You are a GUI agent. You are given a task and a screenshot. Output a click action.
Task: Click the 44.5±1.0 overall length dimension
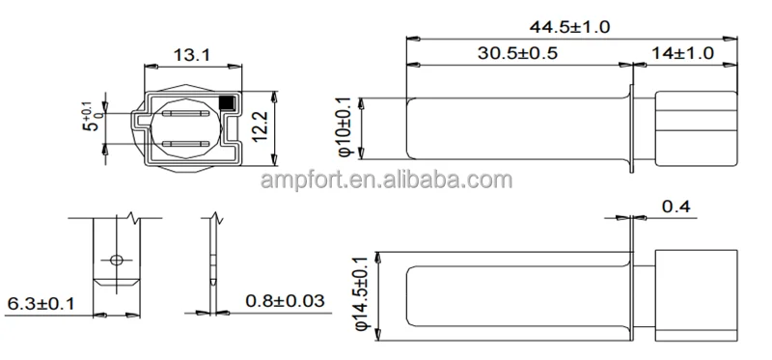pos(569,27)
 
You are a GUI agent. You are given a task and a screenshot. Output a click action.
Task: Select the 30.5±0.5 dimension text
pos(517,53)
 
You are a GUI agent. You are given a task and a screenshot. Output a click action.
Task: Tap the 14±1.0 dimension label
pos(682,53)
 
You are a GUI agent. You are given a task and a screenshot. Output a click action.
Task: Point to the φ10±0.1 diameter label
pos(345,127)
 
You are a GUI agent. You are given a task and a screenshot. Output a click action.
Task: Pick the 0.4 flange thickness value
pos(675,207)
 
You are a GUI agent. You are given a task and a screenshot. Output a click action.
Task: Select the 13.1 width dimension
pos(191,55)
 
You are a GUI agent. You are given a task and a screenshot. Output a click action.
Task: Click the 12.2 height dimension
pos(260,126)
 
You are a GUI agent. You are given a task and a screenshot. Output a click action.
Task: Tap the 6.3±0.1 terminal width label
pos(41,303)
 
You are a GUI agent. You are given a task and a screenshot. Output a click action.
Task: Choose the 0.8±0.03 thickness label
pos(285,300)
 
